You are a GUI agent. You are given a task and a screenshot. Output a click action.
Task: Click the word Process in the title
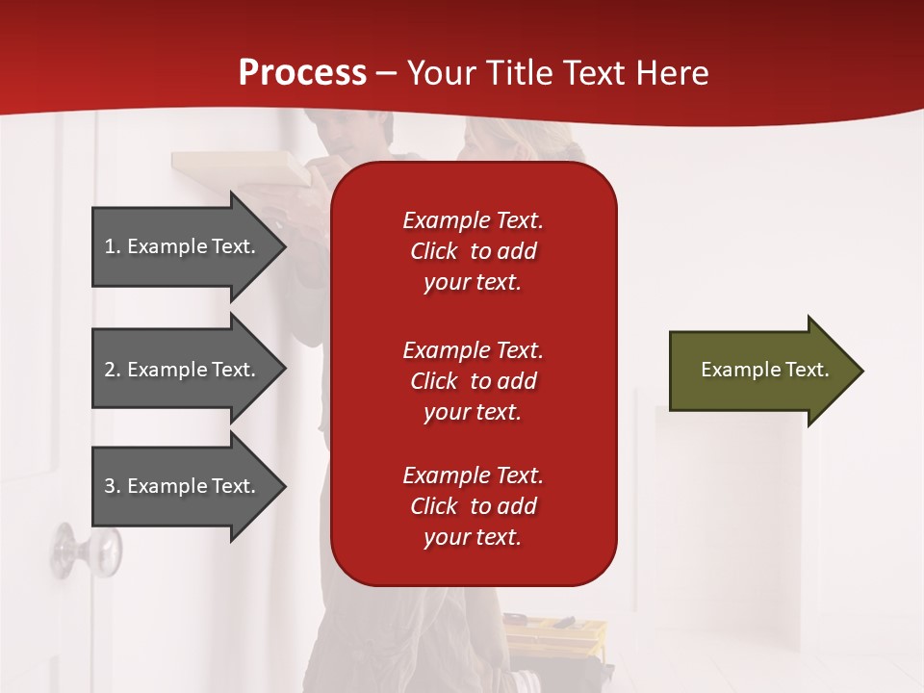pyautogui.click(x=302, y=73)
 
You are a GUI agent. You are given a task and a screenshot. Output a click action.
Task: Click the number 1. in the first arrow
pyautogui.click(x=113, y=246)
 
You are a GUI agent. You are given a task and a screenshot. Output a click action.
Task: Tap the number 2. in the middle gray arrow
pyautogui.click(x=113, y=370)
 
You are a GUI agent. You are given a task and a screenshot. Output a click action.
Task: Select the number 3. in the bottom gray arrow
pyautogui.click(x=113, y=486)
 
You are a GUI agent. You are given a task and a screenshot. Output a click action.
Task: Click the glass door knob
pyautogui.click(x=88, y=551)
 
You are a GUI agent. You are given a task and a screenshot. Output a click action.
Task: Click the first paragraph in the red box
pyautogui.click(x=473, y=251)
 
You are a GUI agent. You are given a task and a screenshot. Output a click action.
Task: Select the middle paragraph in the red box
pyautogui.click(x=473, y=381)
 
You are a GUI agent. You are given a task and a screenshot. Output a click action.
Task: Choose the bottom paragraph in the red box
pyautogui.click(x=473, y=506)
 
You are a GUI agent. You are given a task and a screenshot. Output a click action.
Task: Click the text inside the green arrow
pyautogui.click(x=765, y=370)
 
